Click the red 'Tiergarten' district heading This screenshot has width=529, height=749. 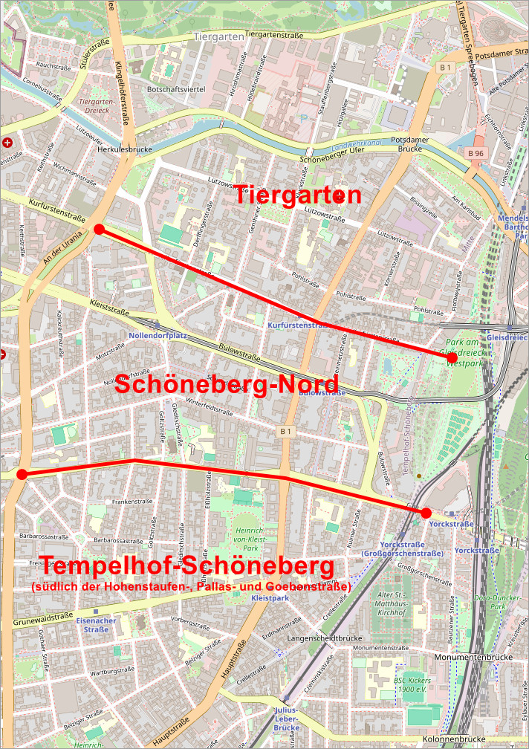299,196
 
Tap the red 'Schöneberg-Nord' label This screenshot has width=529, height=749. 227,385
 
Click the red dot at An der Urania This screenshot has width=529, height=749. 99,229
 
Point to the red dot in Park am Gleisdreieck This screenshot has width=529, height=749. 452,358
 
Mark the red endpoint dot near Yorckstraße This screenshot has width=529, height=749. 426,513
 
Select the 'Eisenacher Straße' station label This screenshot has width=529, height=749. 97,625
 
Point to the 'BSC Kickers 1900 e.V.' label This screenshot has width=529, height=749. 411,685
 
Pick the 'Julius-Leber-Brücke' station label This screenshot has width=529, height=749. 285,719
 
